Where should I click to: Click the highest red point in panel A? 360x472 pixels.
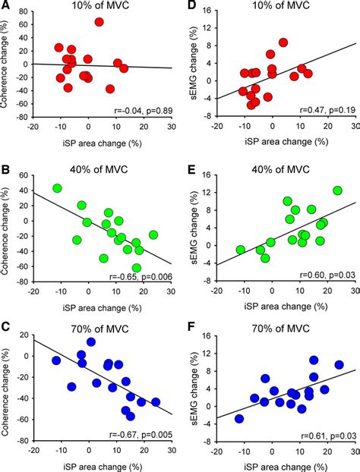pos(99,22)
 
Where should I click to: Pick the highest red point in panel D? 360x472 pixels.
pos(283,42)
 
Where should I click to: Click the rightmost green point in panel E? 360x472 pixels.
pos(337,190)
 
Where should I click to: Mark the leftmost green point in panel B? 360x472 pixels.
pos(57,188)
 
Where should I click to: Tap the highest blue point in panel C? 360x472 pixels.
pos(91,342)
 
